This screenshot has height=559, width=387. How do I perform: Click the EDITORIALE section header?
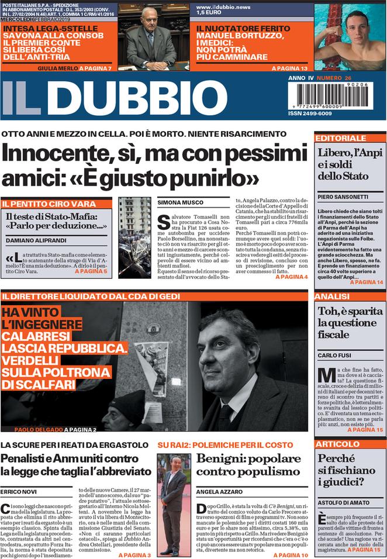click(340, 138)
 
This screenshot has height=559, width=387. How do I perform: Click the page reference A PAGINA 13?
click(289, 68)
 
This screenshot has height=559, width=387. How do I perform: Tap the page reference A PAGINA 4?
click(291, 277)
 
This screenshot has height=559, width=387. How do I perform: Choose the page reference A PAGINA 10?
click(291, 554)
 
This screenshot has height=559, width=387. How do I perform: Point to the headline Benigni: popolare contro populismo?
click(248, 464)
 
